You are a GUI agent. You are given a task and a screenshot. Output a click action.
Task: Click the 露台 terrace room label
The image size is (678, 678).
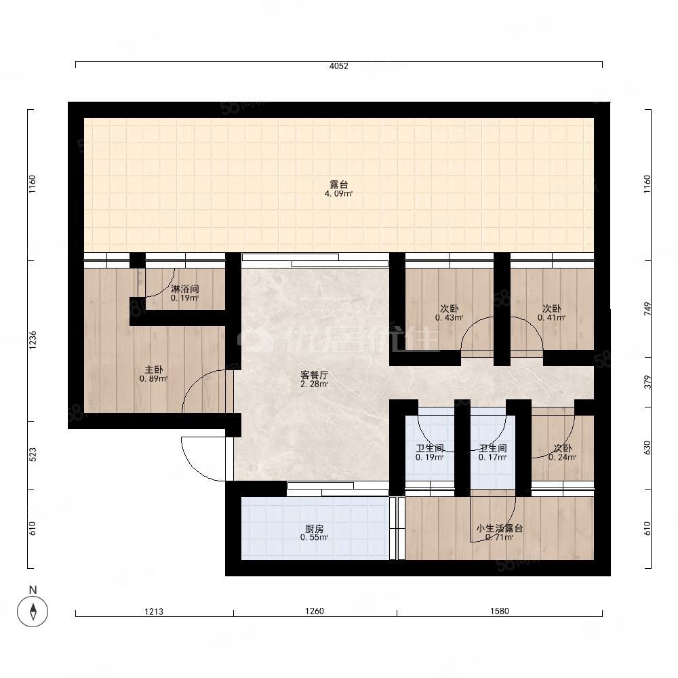(x=338, y=184)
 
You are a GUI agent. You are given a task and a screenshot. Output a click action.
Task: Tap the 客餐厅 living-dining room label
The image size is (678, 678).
(x=315, y=375)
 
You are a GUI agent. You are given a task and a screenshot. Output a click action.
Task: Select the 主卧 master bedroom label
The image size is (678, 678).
(x=153, y=370)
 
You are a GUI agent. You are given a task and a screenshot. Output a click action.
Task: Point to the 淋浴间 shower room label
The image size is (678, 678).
(x=184, y=289)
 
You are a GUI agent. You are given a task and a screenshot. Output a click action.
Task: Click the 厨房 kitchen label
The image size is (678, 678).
(x=315, y=529)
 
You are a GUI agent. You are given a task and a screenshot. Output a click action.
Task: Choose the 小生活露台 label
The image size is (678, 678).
(x=500, y=528)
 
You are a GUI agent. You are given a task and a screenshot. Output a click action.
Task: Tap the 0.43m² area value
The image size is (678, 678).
(x=450, y=318)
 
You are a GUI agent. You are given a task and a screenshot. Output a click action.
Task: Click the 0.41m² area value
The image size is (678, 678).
(x=552, y=318)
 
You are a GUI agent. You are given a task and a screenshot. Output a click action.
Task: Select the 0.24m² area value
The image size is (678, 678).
(x=563, y=458)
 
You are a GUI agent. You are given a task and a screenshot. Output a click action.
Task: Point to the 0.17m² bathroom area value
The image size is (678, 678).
(x=492, y=458)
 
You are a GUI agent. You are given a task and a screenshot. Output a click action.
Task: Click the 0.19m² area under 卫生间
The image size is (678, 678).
(x=429, y=458)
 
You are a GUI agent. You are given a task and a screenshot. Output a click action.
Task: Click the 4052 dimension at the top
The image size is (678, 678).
(x=338, y=66)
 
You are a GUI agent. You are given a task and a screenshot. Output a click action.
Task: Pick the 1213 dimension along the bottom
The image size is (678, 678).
(x=154, y=612)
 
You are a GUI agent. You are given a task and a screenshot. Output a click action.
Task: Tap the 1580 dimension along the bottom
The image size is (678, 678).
(x=500, y=612)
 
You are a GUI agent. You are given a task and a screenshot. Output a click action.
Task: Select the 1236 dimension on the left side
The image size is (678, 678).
(x=33, y=340)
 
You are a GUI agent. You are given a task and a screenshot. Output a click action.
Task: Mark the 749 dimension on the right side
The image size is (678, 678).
(x=647, y=308)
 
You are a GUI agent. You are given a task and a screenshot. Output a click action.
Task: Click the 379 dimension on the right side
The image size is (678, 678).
(x=647, y=382)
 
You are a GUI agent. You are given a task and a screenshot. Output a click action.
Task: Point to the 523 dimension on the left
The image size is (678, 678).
(x=33, y=455)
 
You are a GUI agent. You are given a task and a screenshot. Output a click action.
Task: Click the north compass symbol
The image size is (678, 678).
(x=33, y=612)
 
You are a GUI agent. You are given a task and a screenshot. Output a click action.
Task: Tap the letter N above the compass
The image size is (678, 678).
(x=33, y=590)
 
